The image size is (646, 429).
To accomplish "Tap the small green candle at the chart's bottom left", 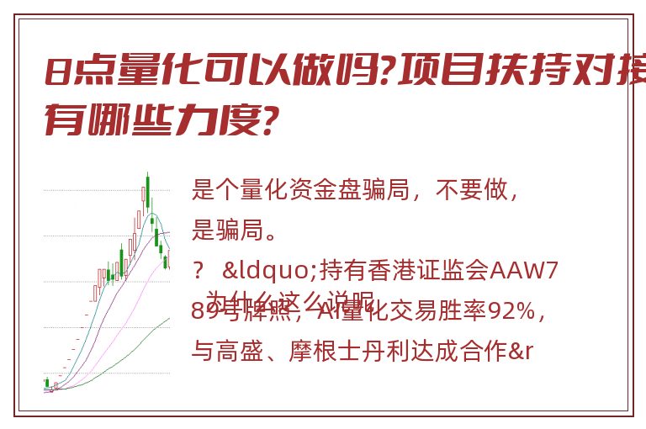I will click(x=46, y=384).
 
